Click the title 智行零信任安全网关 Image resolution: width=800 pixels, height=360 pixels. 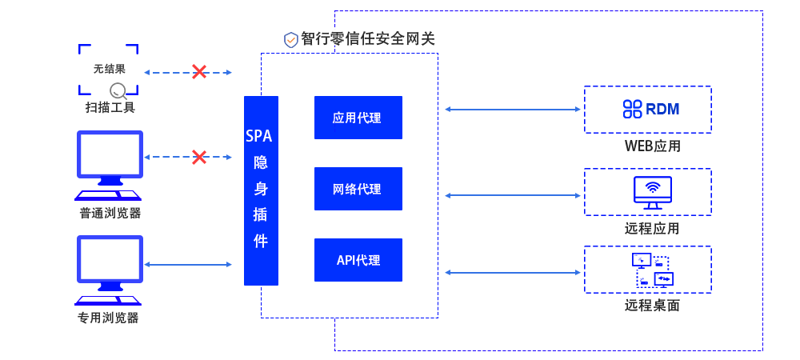pyautogui.click(x=368, y=38)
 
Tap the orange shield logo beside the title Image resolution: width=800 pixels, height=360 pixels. pyautogui.click(x=291, y=40)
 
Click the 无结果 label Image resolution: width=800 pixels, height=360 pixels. pyautogui.click(x=109, y=69)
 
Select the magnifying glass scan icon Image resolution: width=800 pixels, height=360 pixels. pyautogui.click(x=118, y=90)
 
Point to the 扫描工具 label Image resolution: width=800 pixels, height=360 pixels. pyautogui.click(x=110, y=107)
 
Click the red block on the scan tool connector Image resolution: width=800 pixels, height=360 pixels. pyautogui.click(x=198, y=71)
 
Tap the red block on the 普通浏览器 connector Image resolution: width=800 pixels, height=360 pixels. pyautogui.click(x=198, y=157)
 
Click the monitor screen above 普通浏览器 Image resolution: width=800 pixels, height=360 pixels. pyautogui.click(x=108, y=154)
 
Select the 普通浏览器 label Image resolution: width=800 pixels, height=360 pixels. pyautogui.click(x=110, y=213)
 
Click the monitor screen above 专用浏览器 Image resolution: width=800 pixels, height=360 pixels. pyautogui.click(x=110, y=258)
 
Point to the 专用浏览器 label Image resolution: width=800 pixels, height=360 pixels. pyautogui.click(x=108, y=318)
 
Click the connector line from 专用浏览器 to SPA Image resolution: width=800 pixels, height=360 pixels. pyautogui.click(x=188, y=265)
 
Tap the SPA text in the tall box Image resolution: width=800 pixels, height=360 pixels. pyautogui.click(x=261, y=136)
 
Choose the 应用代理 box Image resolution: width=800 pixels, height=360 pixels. pyautogui.click(x=357, y=118)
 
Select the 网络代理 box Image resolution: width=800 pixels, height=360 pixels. pyautogui.click(x=357, y=189)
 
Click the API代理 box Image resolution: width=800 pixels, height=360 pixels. pyautogui.click(x=358, y=260)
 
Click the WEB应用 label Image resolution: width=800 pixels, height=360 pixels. pyautogui.click(x=652, y=146)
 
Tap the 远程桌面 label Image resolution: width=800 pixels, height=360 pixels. pyautogui.click(x=652, y=305)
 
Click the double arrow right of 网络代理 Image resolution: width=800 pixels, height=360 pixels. pyautogui.click(x=513, y=195)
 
